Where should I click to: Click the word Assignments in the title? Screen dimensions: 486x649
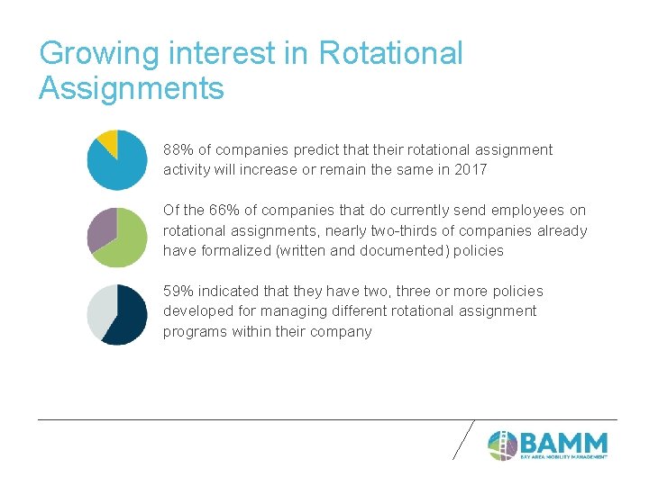(132, 89)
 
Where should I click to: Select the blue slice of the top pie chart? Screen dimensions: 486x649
(120, 166)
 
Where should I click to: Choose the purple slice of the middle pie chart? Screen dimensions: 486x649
(100, 229)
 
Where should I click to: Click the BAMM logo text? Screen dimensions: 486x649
(563, 443)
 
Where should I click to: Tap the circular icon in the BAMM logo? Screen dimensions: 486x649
(502, 445)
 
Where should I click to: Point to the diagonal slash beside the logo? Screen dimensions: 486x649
(462, 439)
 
